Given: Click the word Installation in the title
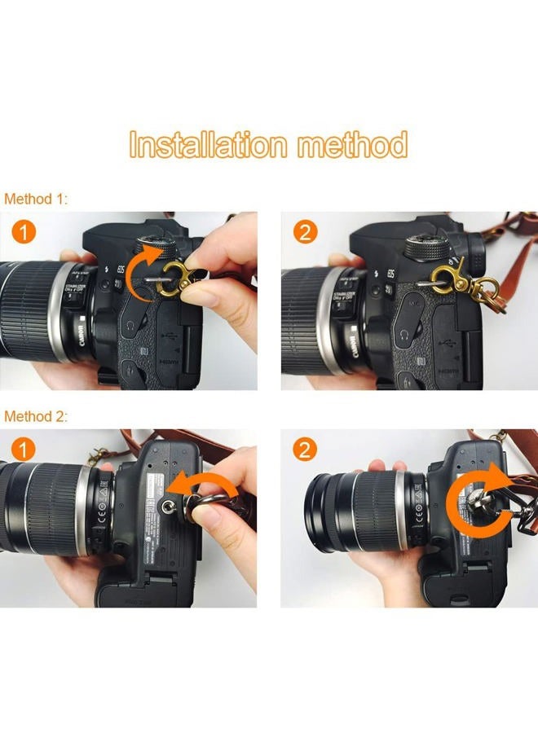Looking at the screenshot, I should [208, 145].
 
